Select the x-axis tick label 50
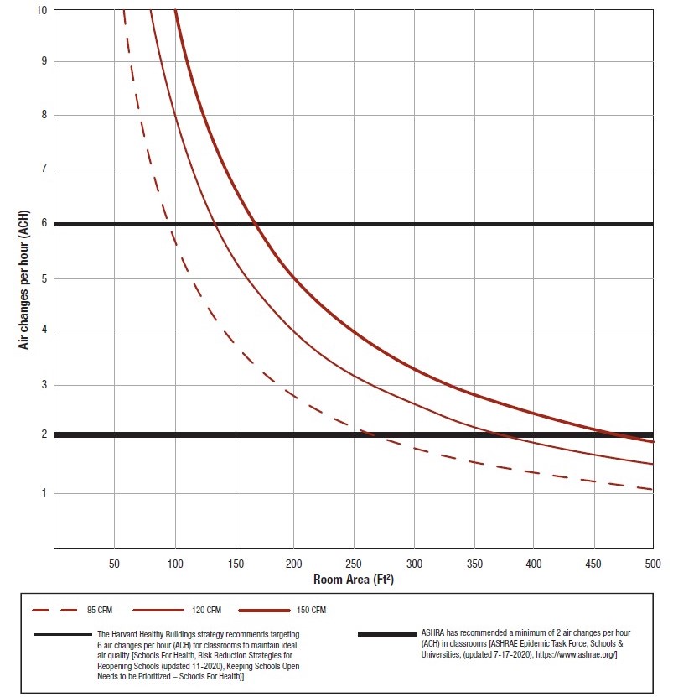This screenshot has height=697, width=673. pos(114,564)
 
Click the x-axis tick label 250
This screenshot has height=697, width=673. pos(354,564)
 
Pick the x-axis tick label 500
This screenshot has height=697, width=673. pos(652,564)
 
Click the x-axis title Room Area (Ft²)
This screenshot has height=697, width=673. pos(353,580)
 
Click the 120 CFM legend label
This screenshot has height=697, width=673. pos(213,610)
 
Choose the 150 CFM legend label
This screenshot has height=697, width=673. pos(312,610)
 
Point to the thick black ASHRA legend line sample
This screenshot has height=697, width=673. pos(386,634)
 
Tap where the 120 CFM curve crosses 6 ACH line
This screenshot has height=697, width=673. pos(215,224)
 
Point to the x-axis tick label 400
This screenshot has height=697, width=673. pos(532,564)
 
